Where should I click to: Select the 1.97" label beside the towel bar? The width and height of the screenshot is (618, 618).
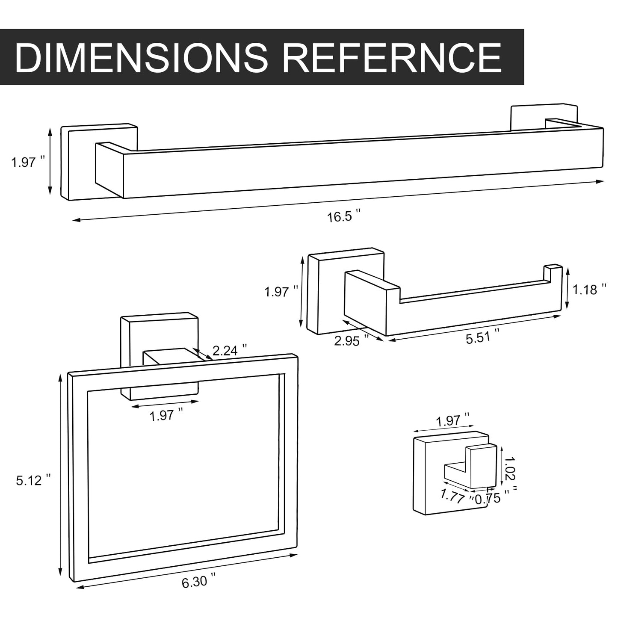pos(28,162)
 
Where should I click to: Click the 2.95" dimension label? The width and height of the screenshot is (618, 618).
pos(351,340)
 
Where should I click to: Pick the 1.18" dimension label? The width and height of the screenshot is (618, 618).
pos(589,289)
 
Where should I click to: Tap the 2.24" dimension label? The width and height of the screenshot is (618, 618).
pos(230,351)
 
